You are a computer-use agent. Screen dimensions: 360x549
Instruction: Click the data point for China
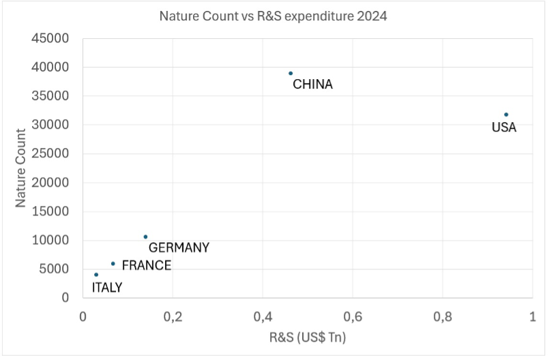[x=291, y=73]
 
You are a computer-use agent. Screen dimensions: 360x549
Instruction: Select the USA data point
[x=506, y=115]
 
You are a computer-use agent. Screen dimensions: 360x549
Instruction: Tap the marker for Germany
[x=145, y=237]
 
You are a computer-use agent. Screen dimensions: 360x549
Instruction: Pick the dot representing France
[x=113, y=263]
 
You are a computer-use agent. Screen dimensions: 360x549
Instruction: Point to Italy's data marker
[x=96, y=275]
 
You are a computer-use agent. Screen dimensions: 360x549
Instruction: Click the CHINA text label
[x=312, y=85]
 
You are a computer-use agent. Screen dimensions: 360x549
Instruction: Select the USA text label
[x=504, y=127]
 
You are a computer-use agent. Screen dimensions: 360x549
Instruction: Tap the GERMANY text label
[x=179, y=248]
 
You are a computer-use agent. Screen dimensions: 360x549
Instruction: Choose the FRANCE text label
[x=147, y=266]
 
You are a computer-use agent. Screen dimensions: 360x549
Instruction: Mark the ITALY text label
[x=107, y=288]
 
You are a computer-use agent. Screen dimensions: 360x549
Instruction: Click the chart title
[x=273, y=16]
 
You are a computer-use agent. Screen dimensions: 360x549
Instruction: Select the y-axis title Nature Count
[x=20, y=168]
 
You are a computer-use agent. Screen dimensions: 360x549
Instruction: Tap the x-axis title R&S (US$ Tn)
[x=307, y=337]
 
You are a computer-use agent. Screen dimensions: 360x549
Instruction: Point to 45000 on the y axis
[x=50, y=39]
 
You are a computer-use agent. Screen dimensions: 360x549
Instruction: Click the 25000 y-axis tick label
[x=50, y=154]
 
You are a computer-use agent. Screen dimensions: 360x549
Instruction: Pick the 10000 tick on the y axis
[x=50, y=241]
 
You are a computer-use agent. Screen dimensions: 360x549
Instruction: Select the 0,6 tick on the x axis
[x=352, y=317]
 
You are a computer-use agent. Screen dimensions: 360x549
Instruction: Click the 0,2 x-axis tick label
[x=173, y=317]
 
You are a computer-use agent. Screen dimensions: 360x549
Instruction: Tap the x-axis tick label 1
[x=532, y=317]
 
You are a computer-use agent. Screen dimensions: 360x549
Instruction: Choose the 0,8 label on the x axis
[x=442, y=317]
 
